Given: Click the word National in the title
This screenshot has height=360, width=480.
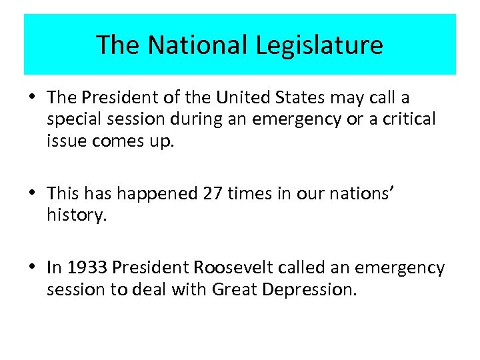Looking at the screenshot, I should coord(198,45).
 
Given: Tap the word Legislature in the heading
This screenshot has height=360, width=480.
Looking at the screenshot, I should coord(319,45).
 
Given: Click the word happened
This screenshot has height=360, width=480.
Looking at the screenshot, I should coord(161,193).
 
